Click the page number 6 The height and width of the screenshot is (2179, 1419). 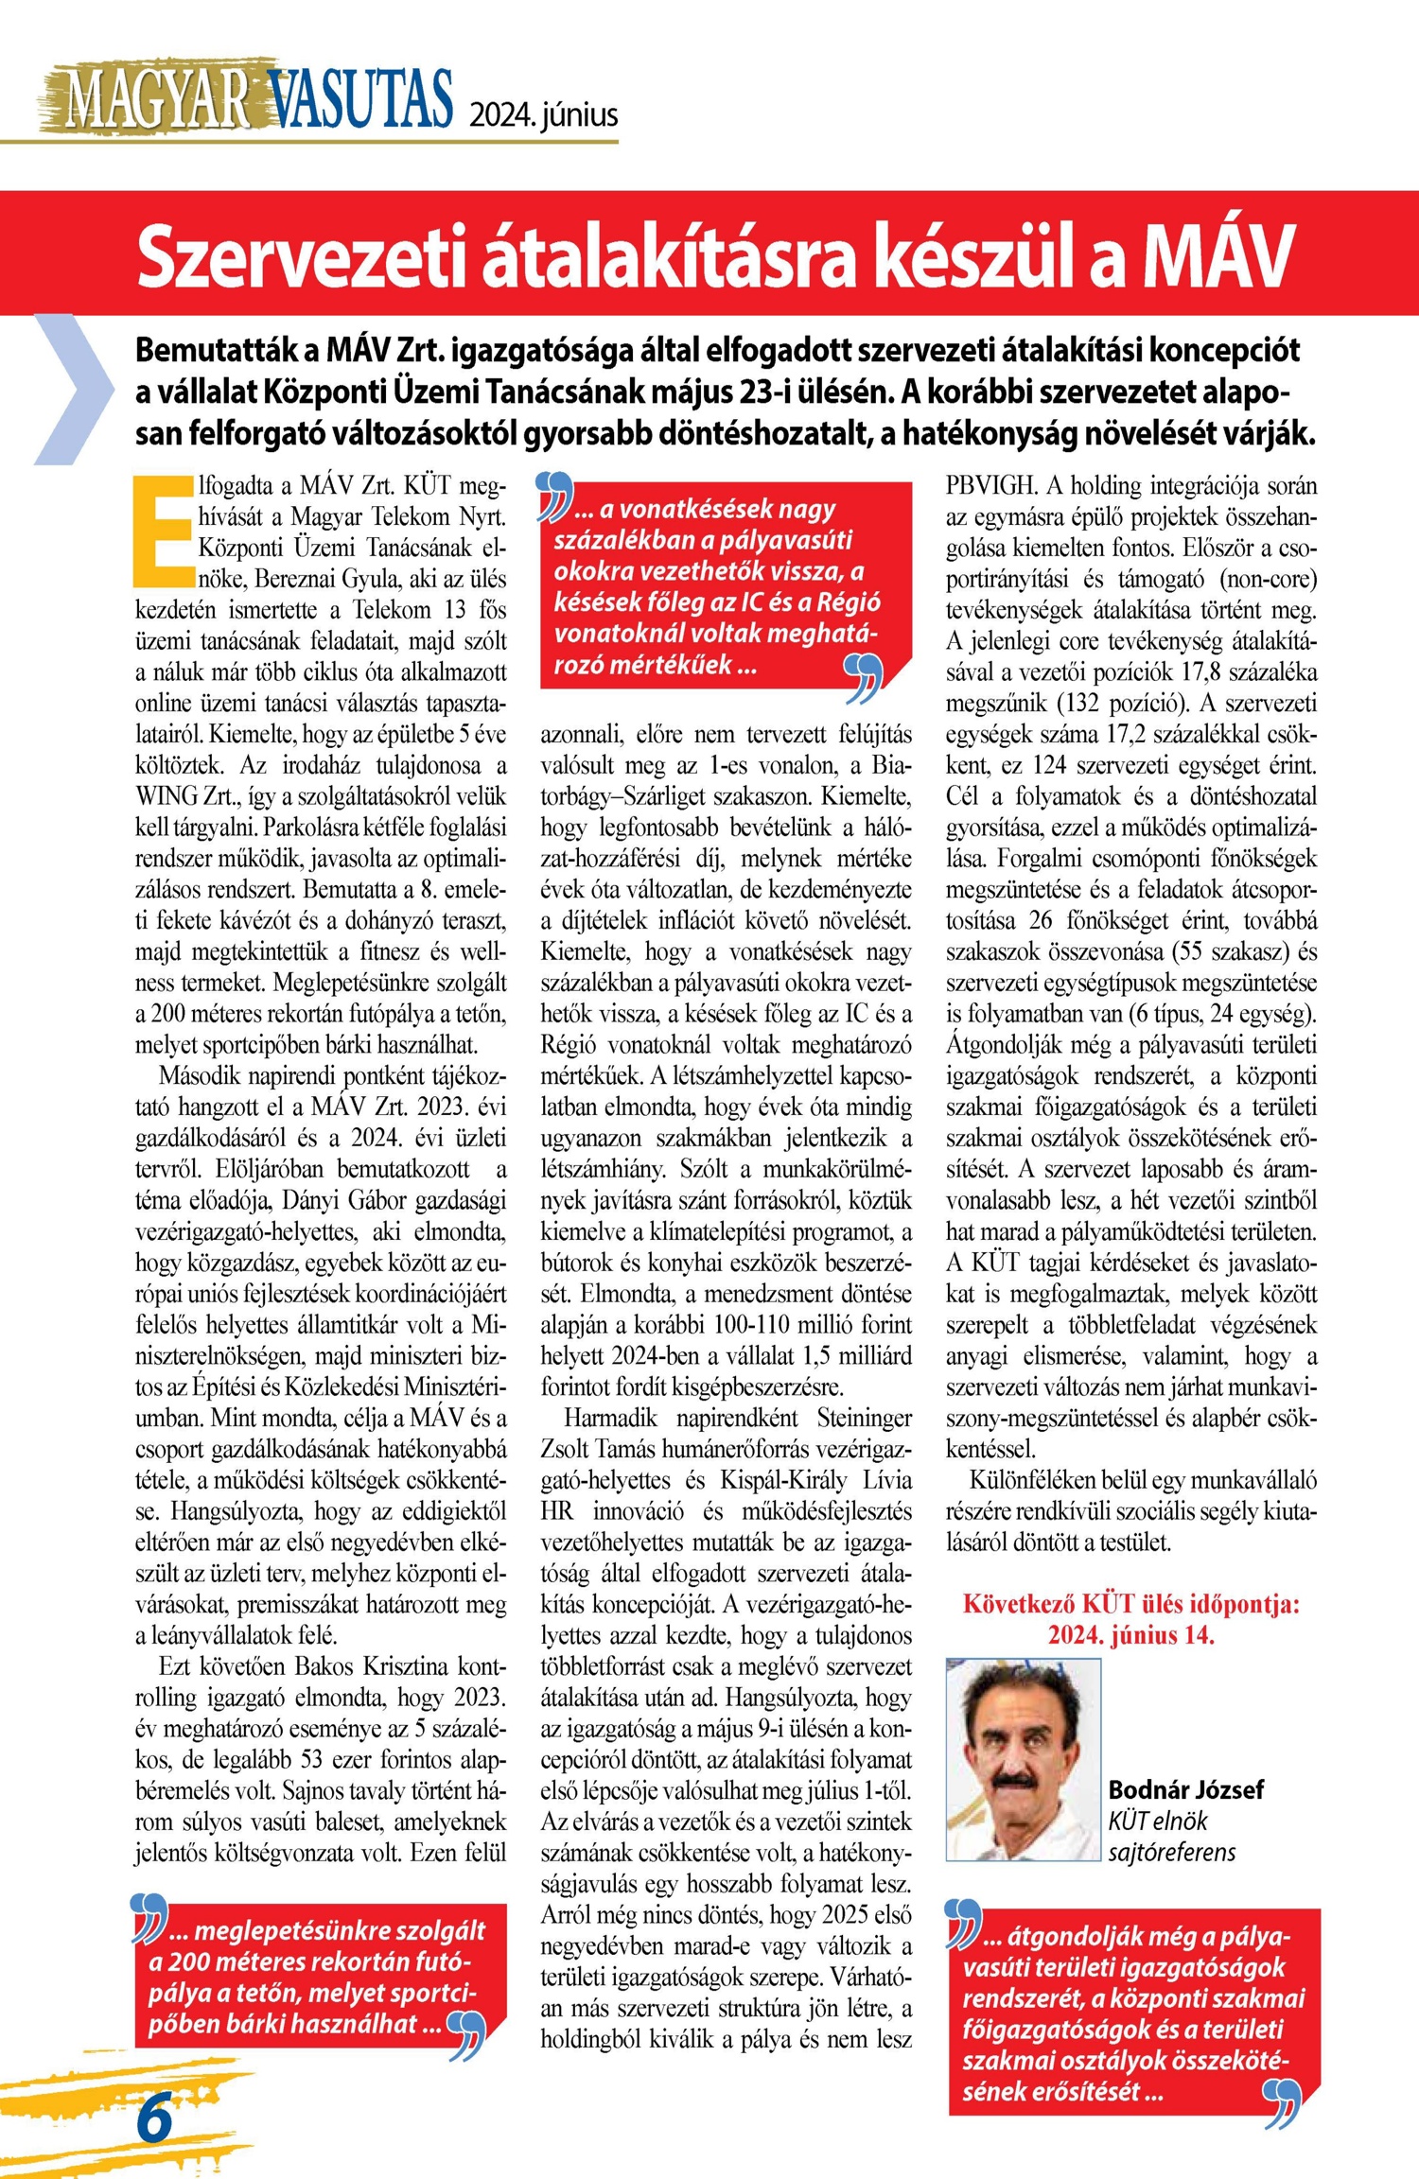(x=155, y=2119)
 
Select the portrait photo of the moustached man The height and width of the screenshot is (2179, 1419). (x=1024, y=1760)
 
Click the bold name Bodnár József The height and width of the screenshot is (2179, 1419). (x=1185, y=1789)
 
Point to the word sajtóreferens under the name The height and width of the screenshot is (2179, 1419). (x=1171, y=1851)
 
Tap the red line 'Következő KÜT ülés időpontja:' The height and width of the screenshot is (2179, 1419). (x=1131, y=1604)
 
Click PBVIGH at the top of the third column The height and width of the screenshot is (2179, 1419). (x=990, y=486)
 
